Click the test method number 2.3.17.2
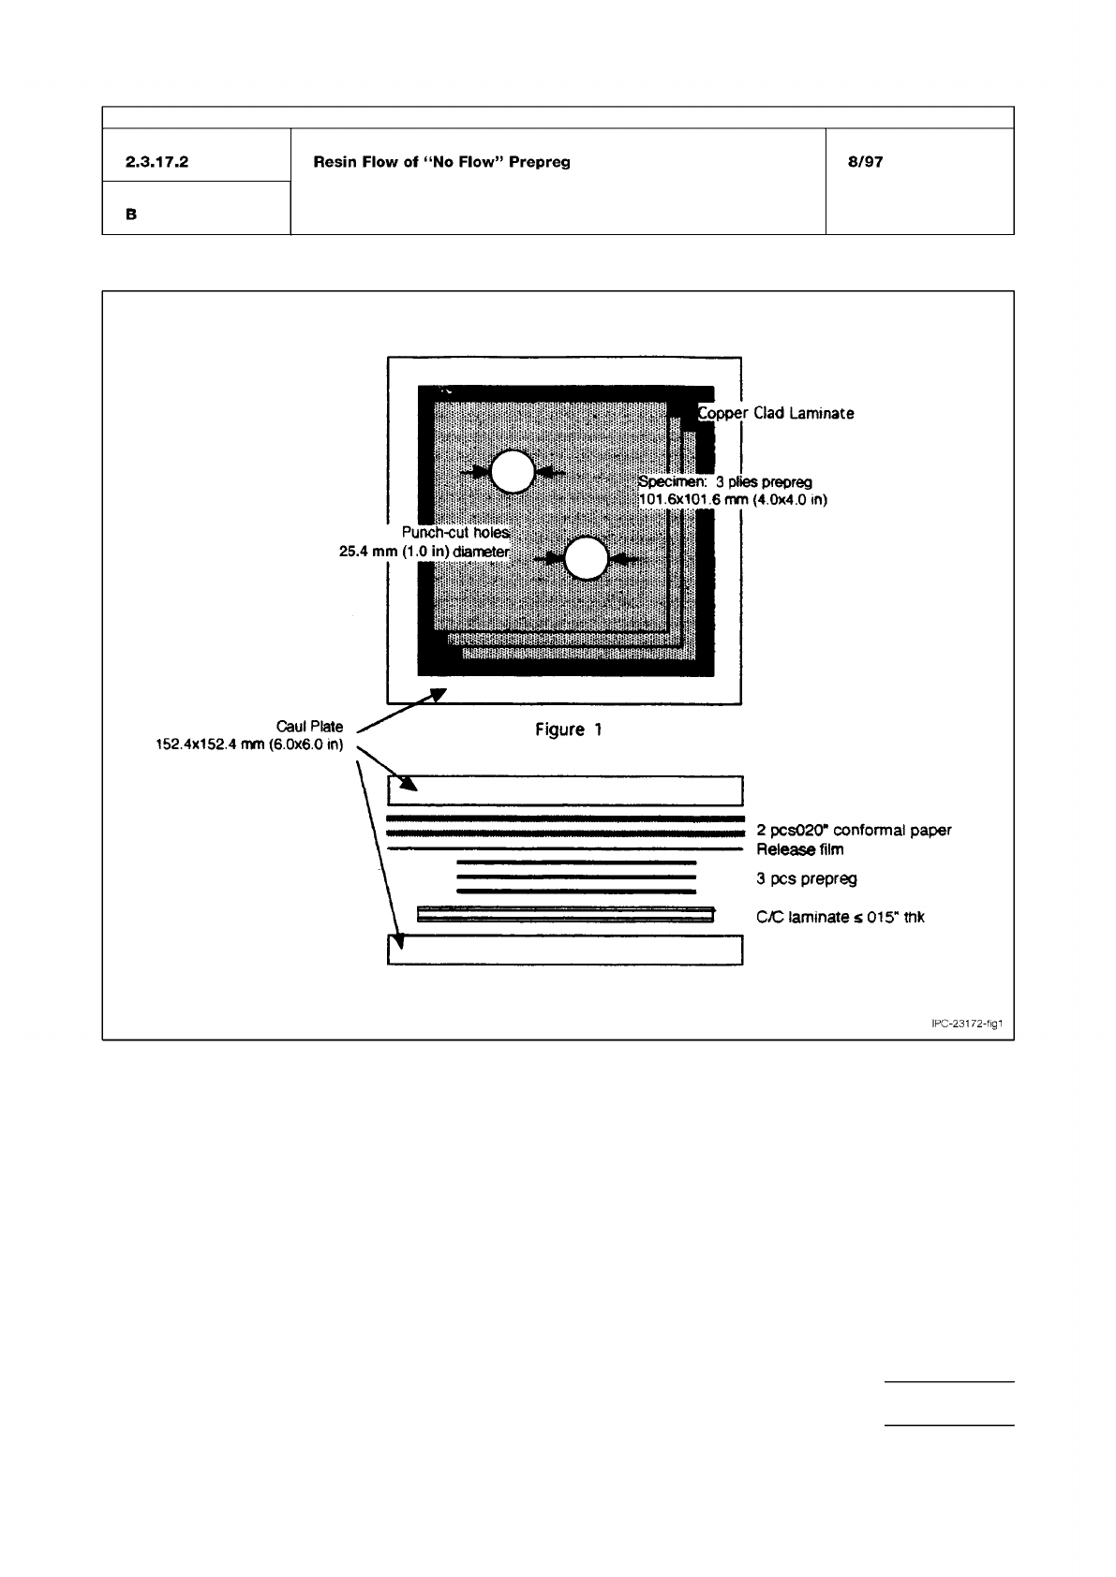coord(156,162)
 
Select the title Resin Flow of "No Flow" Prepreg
coord(441,162)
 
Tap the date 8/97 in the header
coord(864,162)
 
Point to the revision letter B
coord(131,214)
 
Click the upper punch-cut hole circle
coord(512,472)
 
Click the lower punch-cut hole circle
coord(587,559)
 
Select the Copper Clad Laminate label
coord(776,413)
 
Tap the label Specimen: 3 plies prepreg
coord(724,481)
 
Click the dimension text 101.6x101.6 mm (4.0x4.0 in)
coord(732,500)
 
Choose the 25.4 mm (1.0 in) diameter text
coord(424,552)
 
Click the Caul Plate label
coord(309,726)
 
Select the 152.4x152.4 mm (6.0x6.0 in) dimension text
coord(248,745)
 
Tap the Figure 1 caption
coord(568,730)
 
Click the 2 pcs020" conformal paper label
coord(854,830)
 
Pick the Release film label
coord(800,849)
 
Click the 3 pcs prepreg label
coord(807,878)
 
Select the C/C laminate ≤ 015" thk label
coord(841,917)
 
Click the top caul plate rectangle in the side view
coord(565,790)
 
